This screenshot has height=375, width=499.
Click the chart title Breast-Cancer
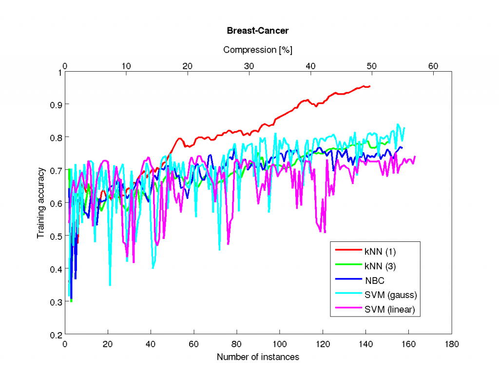coord(258,31)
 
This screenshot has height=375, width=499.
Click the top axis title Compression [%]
coord(258,50)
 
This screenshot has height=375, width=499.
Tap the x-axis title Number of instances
coord(258,357)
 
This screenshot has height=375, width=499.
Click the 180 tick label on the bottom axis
coord(452,344)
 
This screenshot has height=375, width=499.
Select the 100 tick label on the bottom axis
coord(280,344)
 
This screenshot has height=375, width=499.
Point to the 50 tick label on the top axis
coord(372,66)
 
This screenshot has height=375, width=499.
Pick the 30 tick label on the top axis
coord(249,66)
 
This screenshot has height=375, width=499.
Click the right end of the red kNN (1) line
coord(370,86)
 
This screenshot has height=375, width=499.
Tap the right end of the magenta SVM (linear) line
coord(415,157)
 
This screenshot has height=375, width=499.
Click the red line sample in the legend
coord(348,251)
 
